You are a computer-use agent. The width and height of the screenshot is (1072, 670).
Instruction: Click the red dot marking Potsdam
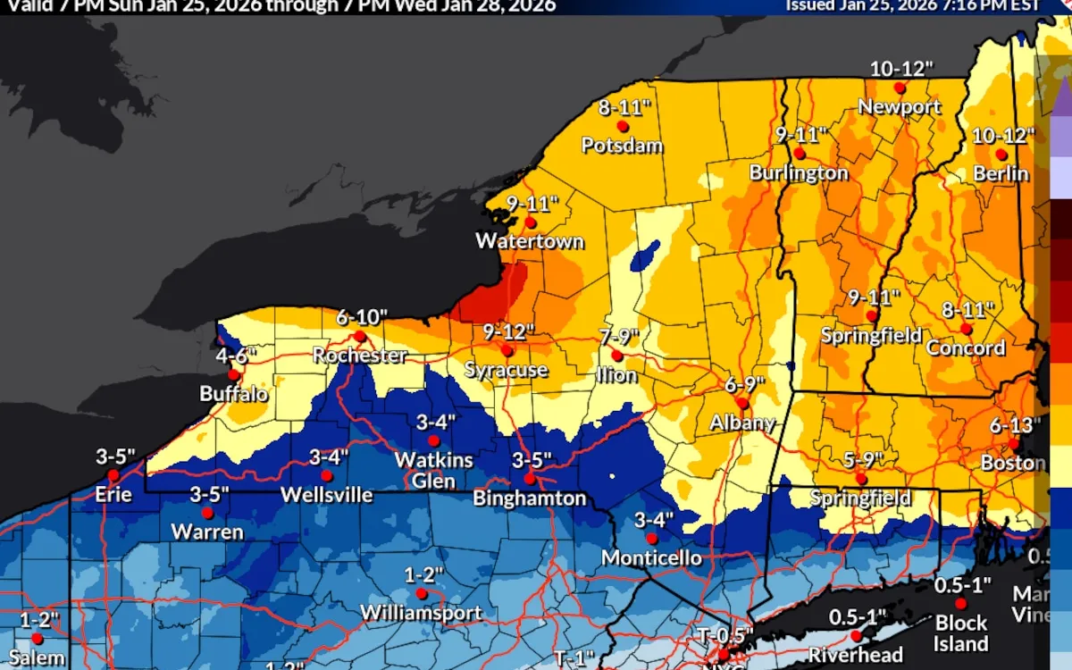pyautogui.click(x=623, y=127)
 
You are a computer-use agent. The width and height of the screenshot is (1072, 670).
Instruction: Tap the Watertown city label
pyautogui.click(x=530, y=241)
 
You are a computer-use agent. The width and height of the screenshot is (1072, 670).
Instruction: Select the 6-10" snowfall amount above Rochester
pyautogui.click(x=362, y=317)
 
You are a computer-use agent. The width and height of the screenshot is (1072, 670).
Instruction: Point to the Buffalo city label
pyautogui.click(x=234, y=394)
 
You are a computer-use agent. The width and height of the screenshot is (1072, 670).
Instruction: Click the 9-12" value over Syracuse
pyautogui.click(x=508, y=331)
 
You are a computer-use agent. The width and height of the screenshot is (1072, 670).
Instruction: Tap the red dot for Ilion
pyautogui.click(x=617, y=356)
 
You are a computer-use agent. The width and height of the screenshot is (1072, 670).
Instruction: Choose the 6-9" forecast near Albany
pyautogui.click(x=745, y=384)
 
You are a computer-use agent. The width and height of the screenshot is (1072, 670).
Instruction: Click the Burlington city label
pyautogui.click(x=799, y=172)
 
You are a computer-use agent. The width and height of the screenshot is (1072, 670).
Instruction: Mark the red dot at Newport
pyautogui.click(x=900, y=88)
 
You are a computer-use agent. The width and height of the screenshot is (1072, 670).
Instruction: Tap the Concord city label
pyautogui.click(x=966, y=348)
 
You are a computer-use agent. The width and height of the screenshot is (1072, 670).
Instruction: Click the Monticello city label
pyautogui.click(x=651, y=558)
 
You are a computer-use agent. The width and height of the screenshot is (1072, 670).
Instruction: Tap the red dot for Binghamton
pyautogui.click(x=530, y=479)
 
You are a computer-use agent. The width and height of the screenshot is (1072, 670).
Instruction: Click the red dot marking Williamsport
pyautogui.click(x=422, y=593)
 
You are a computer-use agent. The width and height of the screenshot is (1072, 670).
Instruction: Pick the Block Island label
pyautogui.click(x=961, y=632)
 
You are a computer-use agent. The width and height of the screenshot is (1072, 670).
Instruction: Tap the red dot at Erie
pyautogui.click(x=113, y=475)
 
